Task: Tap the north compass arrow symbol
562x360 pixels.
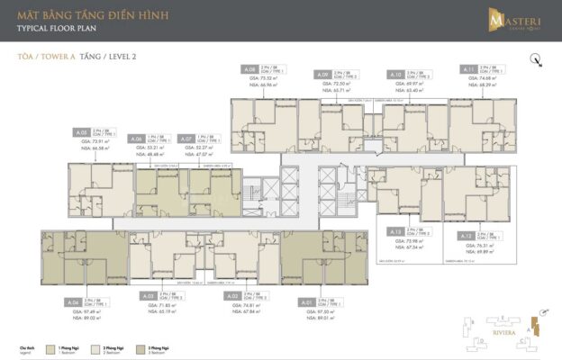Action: coord(537,61)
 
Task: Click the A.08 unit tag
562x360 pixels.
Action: coord(249,69)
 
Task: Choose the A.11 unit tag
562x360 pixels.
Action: coord(468,69)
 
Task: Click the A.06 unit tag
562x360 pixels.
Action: coord(137,139)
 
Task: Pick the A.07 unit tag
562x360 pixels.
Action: coord(186,139)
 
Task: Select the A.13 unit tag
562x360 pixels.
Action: coord(394,232)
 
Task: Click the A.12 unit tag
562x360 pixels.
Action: coord(466,235)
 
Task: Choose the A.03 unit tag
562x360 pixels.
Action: coord(149,295)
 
